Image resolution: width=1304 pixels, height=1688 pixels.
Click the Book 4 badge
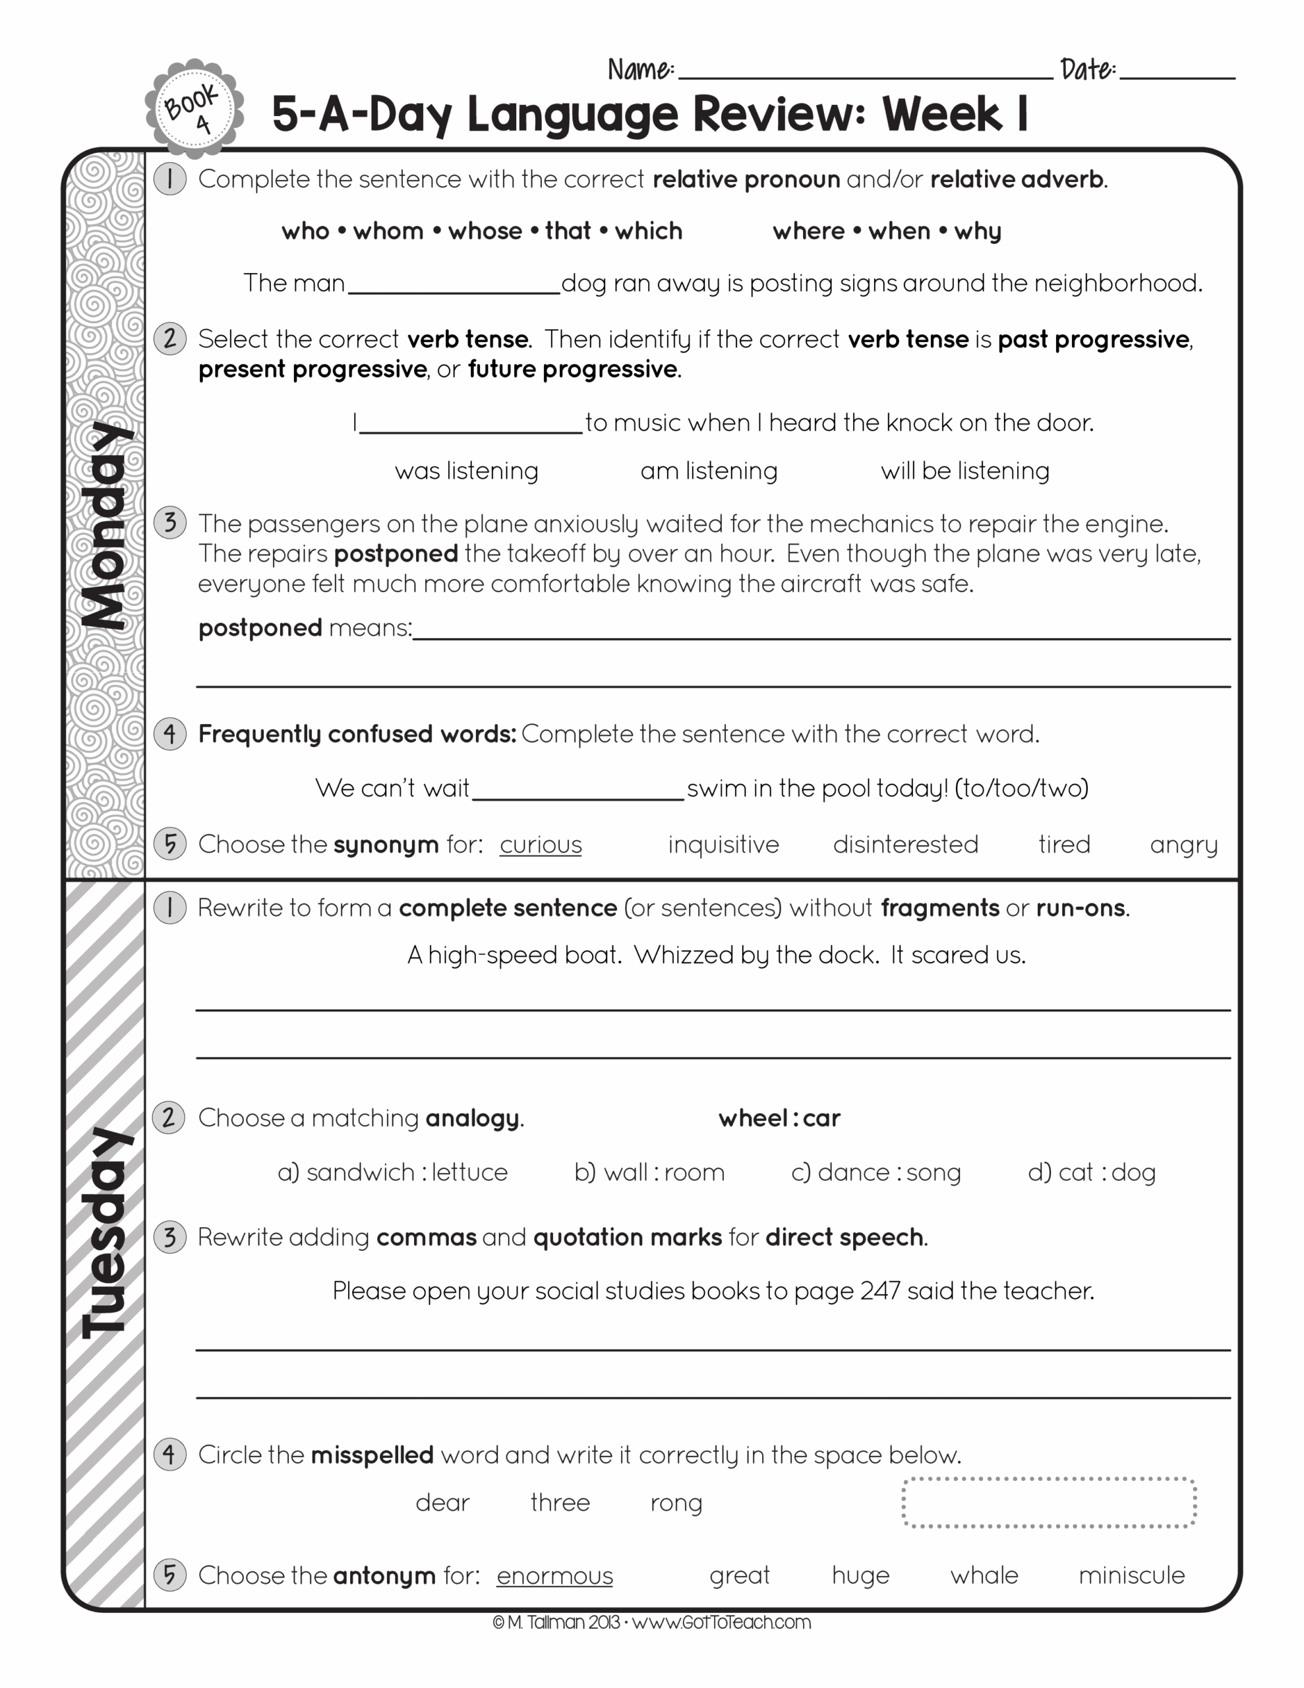click(x=194, y=107)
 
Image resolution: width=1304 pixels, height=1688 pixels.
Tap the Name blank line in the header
click(x=864, y=71)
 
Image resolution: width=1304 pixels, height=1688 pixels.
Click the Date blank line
click(x=1177, y=71)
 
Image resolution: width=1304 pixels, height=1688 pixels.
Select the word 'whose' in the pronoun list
click(x=485, y=231)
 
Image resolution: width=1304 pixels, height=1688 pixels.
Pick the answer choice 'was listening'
click(x=466, y=471)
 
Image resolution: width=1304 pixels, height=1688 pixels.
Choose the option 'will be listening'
click(x=964, y=471)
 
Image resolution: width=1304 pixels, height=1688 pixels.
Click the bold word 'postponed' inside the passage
click(x=396, y=554)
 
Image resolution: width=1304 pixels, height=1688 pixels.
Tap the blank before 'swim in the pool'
click(x=578, y=790)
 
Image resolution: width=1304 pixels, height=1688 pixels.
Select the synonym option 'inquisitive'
click(x=723, y=845)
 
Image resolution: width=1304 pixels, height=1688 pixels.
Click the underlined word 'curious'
click(x=541, y=845)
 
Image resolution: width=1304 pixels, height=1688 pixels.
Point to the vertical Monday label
click(x=107, y=526)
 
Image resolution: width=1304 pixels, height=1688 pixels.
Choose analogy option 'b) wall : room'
click(x=649, y=1172)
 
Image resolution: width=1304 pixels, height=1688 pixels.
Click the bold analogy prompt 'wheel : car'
click(x=779, y=1118)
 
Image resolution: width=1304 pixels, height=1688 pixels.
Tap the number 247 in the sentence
click(x=879, y=1291)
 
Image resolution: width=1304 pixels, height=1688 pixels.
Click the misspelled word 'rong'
click(x=676, y=1503)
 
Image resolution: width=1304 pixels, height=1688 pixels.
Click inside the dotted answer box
click(x=1048, y=1503)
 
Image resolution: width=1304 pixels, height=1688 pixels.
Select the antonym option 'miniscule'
click(x=1131, y=1575)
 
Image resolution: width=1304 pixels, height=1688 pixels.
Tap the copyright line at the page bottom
click(x=651, y=1621)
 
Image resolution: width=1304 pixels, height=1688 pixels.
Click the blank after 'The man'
click(x=454, y=284)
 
